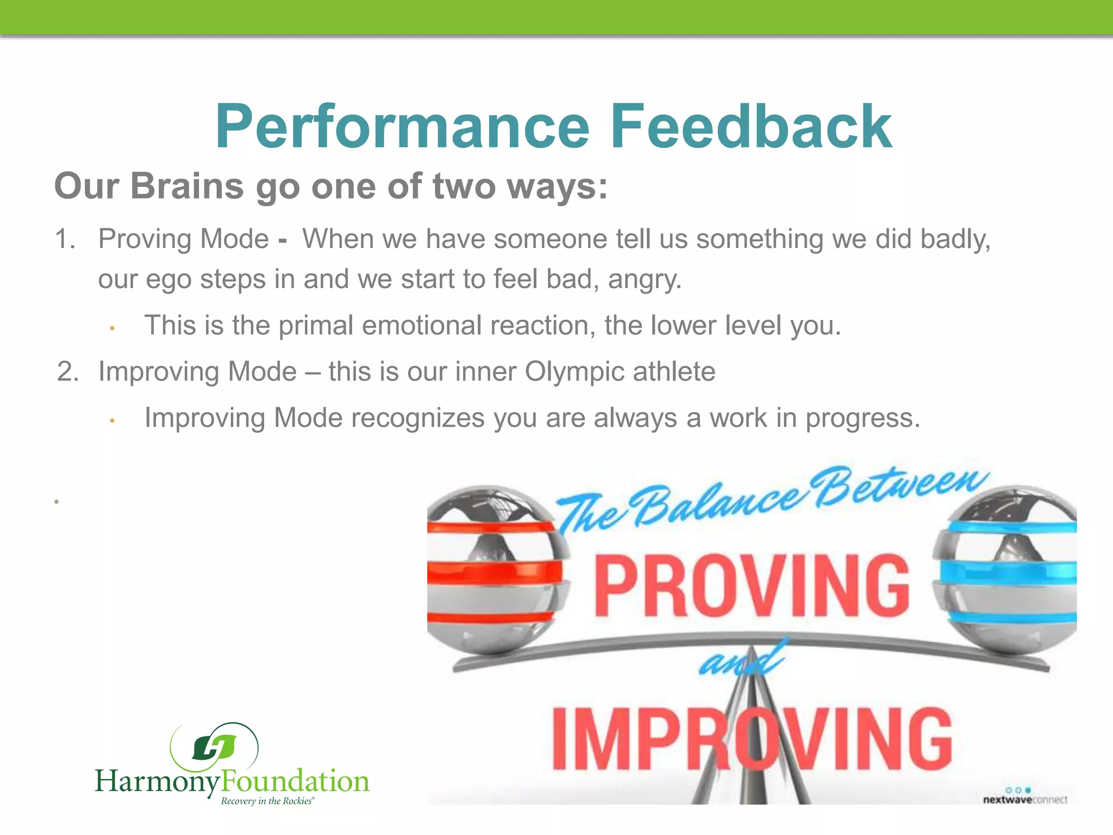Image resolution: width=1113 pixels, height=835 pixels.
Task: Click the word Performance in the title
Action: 402,128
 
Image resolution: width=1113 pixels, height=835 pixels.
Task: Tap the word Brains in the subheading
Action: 187,186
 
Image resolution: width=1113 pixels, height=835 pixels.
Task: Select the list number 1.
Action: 65,239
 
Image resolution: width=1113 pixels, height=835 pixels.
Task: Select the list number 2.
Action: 67,372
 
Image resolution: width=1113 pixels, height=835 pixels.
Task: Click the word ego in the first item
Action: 168,280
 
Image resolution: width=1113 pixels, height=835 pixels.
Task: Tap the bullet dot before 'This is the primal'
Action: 112,328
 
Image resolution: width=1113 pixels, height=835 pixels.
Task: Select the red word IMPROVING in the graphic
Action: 751,739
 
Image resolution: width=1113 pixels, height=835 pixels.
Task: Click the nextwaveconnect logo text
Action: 1024,800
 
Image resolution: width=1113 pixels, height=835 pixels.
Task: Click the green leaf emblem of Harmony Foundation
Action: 214,747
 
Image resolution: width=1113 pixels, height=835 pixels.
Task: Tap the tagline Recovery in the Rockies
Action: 267,801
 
